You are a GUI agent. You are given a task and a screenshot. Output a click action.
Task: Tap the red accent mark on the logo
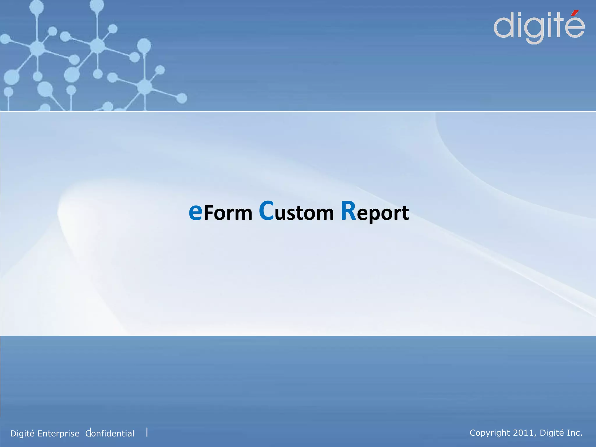(x=575, y=13)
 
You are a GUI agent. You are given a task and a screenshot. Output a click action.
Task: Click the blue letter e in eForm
(x=195, y=212)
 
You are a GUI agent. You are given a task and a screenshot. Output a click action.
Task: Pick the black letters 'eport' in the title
(x=383, y=214)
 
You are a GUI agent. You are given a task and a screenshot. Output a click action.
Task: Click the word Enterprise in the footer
(x=58, y=434)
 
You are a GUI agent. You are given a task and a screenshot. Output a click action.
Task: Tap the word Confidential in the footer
(x=110, y=433)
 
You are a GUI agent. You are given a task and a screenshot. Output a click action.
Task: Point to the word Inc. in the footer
(x=574, y=433)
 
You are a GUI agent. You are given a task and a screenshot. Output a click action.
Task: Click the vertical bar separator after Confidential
(x=147, y=432)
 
